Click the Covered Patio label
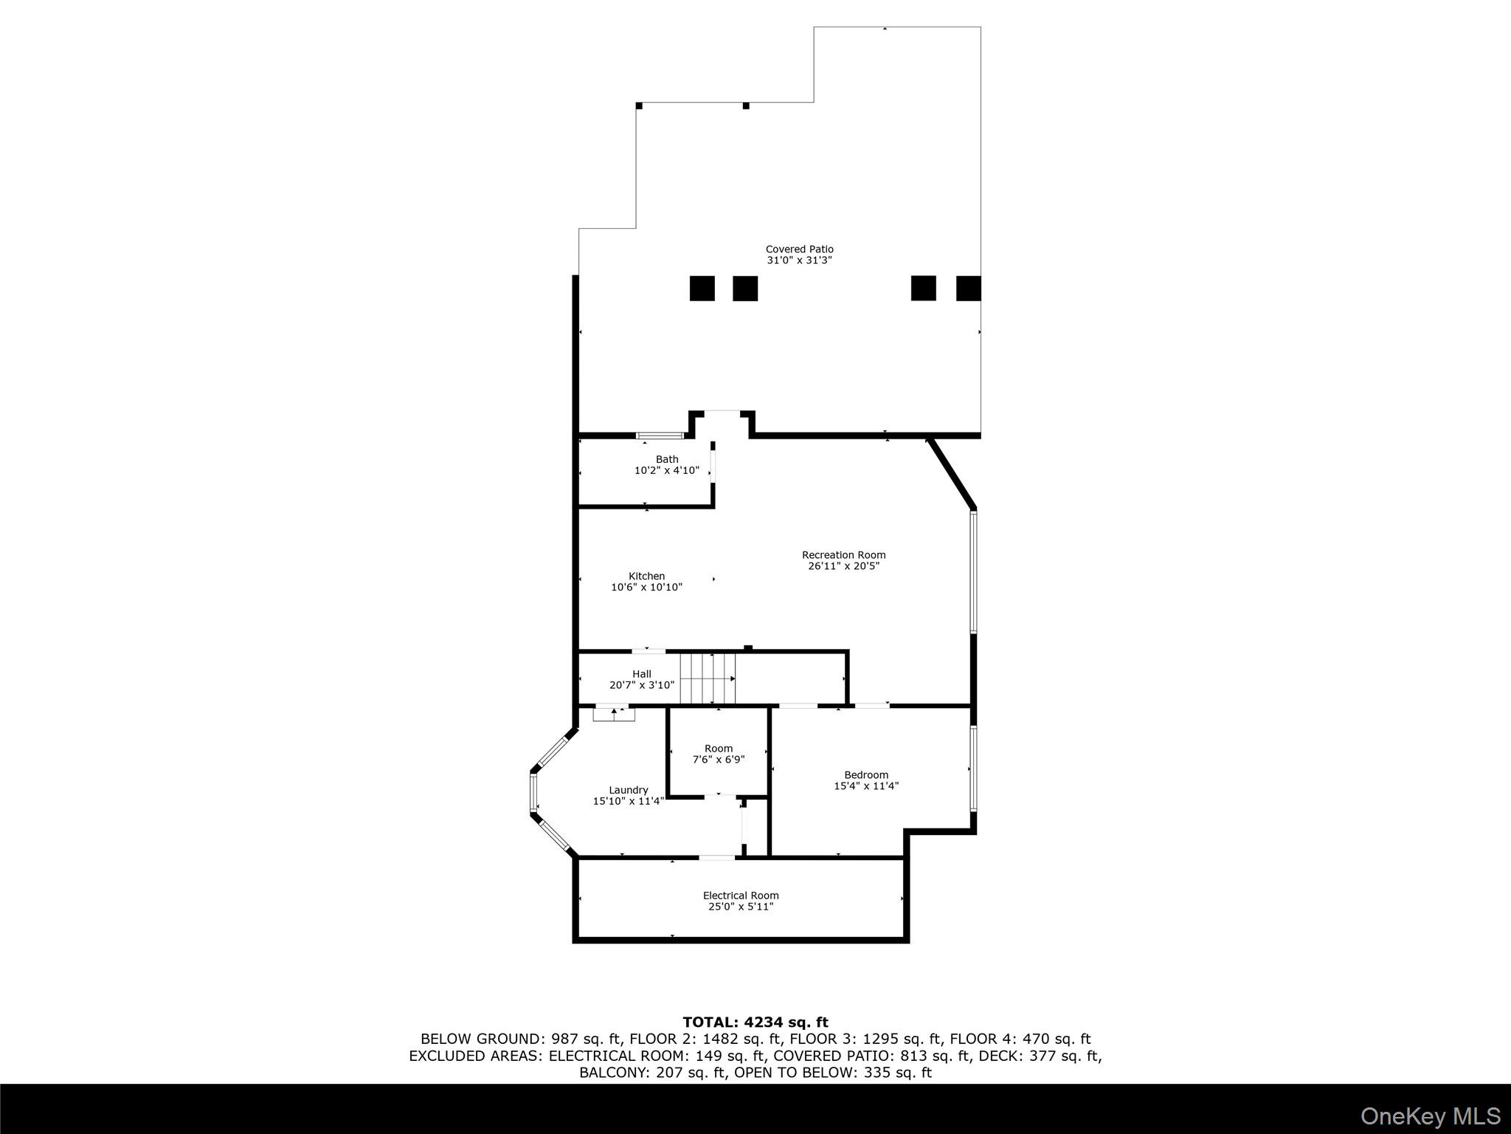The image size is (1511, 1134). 799,250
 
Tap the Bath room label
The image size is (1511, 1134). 667,459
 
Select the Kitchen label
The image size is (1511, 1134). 646,576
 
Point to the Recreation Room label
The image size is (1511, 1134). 843,555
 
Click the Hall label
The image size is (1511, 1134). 641,674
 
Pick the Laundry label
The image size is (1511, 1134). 628,790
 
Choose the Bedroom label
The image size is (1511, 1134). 866,774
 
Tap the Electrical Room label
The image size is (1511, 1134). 741,896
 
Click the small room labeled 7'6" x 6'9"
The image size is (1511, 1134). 718,754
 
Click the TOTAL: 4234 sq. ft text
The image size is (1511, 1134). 755,1022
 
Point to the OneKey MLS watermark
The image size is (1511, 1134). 1431,1116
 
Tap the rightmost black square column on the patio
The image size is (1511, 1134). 969,289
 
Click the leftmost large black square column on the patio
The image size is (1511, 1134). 702,289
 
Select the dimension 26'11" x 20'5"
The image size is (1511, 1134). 843,566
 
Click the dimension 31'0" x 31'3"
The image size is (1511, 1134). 799,261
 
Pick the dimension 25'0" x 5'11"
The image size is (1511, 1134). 741,907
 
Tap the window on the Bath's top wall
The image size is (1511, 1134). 660,436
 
